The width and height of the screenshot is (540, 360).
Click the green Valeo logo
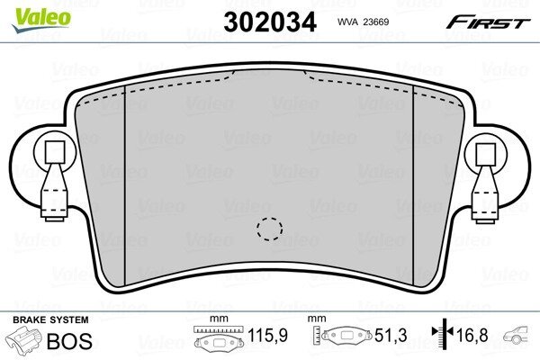click(41, 20)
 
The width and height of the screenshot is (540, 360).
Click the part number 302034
click(270, 22)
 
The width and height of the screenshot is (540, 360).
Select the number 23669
click(376, 22)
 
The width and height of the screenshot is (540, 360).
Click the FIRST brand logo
click(489, 22)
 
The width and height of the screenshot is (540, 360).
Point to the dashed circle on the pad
click(270, 229)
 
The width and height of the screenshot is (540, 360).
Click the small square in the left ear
click(55, 152)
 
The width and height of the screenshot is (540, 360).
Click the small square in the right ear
click(486, 153)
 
